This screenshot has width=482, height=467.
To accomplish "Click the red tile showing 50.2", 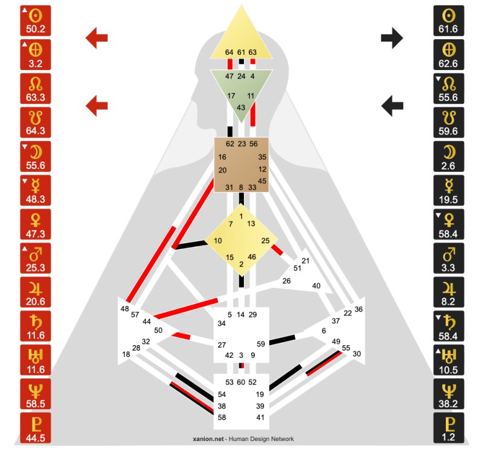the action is click(x=36, y=21).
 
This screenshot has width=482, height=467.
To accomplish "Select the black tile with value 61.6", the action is click(x=448, y=21).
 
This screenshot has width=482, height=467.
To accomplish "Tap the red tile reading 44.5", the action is click(x=36, y=428).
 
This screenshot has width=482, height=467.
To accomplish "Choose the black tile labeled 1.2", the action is click(x=448, y=428).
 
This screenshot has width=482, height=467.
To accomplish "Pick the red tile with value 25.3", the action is click(x=36, y=258).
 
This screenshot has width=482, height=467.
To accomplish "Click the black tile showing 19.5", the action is click(x=448, y=190).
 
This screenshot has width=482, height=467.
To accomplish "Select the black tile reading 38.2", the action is click(x=448, y=394).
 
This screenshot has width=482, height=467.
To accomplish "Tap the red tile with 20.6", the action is click(x=36, y=292).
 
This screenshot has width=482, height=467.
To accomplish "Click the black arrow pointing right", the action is click(x=392, y=38).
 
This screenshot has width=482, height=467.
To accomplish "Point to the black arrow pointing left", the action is click(x=392, y=106).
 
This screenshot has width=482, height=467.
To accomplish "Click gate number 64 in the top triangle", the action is click(x=229, y=52).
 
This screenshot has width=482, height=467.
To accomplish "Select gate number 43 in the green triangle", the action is click(x=241, y=107).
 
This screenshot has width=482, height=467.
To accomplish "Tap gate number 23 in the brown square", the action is click(x=242, y=144).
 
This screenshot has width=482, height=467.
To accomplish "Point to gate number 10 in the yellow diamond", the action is click(x=218, y=241).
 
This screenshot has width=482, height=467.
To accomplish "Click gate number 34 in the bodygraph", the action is click(x=222, y=323).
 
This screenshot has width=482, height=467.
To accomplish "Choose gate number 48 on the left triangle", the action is click(x=125, y=309).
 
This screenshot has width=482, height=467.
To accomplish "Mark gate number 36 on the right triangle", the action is click(x=358, y=310).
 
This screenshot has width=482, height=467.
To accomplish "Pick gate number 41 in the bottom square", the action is click(x=260, y=418).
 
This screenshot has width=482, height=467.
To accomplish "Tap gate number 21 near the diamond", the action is click(x=305, y=261).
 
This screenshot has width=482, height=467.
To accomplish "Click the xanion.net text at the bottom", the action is click(x=208, y=439).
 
